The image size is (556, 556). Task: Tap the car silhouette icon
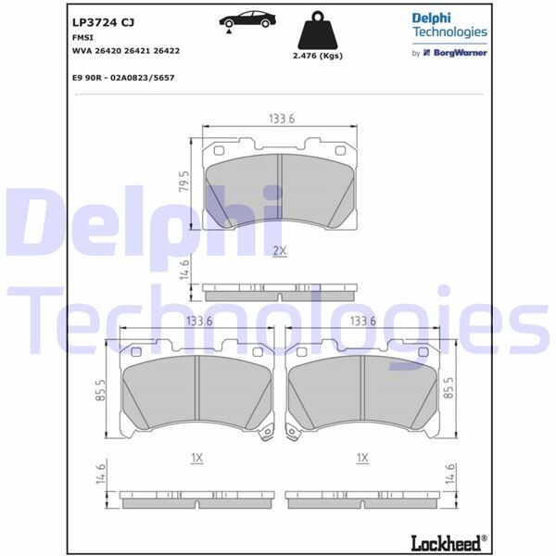(253, 19)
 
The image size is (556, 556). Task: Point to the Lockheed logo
(448, 540)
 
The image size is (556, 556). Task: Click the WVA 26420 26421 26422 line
(127, 53)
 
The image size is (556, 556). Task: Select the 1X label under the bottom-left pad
(196, 458)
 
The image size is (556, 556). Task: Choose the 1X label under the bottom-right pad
(362, 458)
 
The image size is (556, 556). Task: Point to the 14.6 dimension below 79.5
(185, 270)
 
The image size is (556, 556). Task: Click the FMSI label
(82, 39)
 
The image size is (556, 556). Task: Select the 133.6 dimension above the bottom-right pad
(362, 321)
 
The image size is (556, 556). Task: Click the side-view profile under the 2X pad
(279, 292)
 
